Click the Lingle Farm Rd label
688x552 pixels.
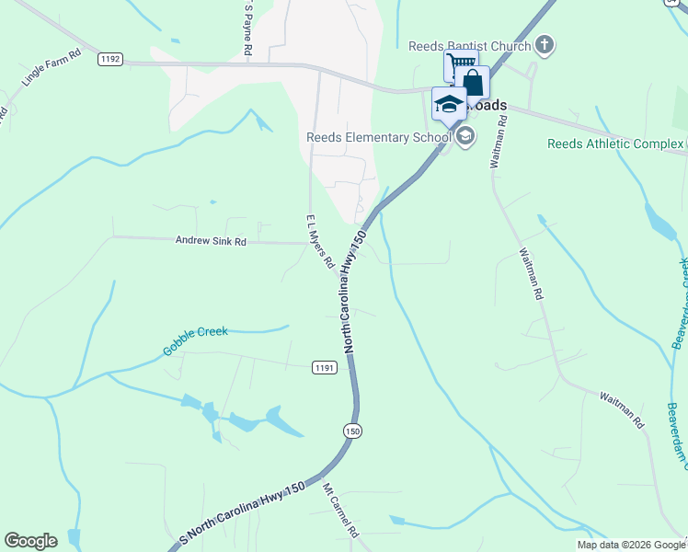pos(52,68)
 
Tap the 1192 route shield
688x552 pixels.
pos(110,58)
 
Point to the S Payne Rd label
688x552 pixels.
pos(247,29)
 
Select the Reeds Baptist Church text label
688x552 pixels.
pos(470,46)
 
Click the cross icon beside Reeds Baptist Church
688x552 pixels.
pos(545,43)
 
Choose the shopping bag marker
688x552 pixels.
pos(473,83)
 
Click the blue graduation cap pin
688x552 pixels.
pos(448,104)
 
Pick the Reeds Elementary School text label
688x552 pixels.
pos(379,138)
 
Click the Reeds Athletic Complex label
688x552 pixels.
pos(614,144)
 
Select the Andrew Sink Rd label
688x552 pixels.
pos(211,242)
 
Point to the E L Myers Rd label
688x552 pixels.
pos(319,242)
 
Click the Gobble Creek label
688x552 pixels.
pos(195,340)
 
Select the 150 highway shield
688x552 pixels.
pos(352,431)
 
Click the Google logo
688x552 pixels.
pos(30,541)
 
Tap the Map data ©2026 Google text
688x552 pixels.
pos(631,545)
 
